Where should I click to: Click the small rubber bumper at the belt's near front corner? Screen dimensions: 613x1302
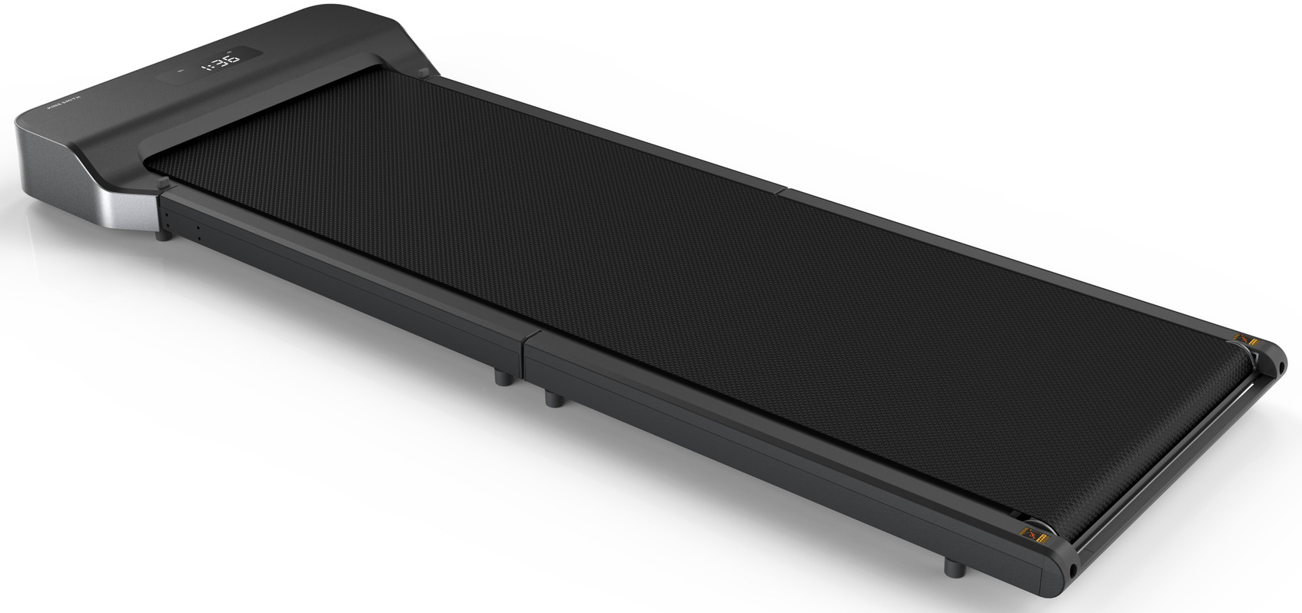tap(163, 183)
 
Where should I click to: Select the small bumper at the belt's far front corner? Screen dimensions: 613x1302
tap(421, 73)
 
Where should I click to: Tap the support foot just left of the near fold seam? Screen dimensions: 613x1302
tap(502, 377)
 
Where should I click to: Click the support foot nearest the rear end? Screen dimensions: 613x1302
tap(953, 568)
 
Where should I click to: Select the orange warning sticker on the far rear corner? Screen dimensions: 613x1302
tap(1251, 339)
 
